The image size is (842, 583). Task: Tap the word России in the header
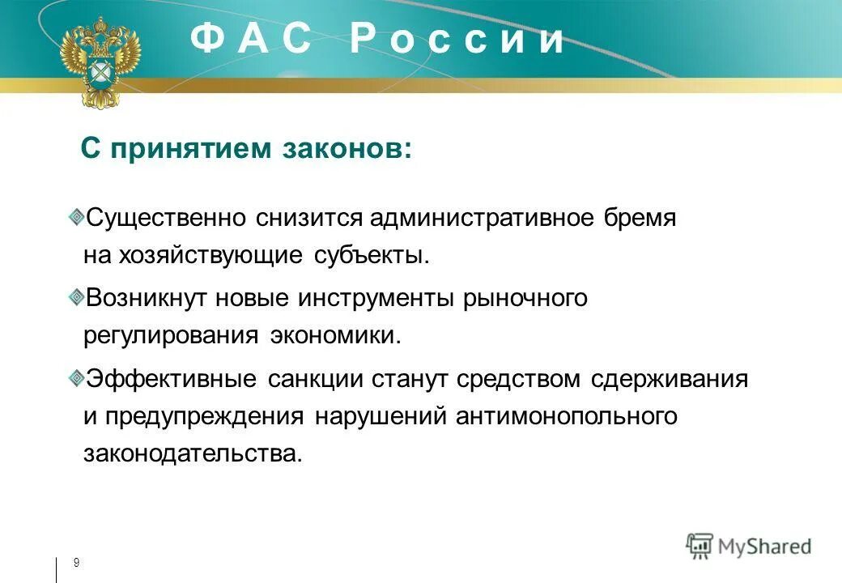(x=457, y=39)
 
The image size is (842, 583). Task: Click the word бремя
(x=640, y=218)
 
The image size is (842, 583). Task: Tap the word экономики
(x=335, y=335)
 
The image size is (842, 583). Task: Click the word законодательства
(x=192, y=454)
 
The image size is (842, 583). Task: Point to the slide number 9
(x=76, y=563)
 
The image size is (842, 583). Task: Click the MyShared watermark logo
(x=749, y=546)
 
